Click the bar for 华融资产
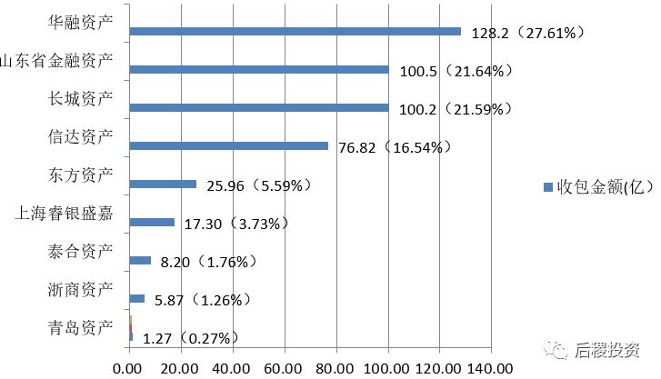tap(295, 31)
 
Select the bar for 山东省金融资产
tap(259, 69)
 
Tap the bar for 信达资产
tap(229, 145)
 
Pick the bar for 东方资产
tap(164, 184)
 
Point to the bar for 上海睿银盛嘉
tap(152, 222)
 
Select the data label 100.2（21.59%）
tap(455, 109)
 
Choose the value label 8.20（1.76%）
tap(209, 262)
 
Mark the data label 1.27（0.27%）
tap(191, 338)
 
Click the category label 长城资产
tap(79, 98)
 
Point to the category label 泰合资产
tap(79, 251)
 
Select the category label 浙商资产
tap(79, 289)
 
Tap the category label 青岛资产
tap(79, 327)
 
